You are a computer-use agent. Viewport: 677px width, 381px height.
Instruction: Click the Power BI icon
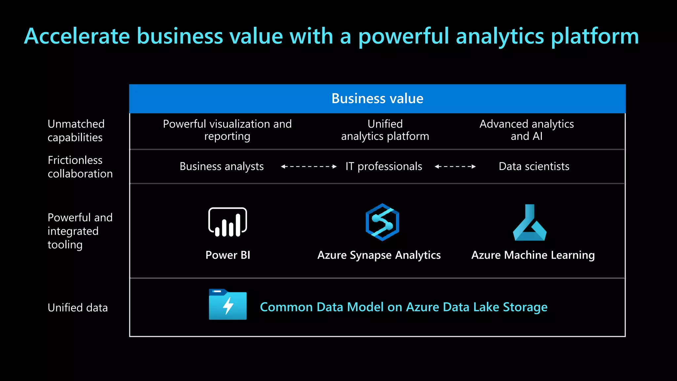[228, 222]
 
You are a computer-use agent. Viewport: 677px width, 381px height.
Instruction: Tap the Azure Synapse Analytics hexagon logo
[382, 222]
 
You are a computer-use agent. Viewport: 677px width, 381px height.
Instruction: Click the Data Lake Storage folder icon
[228, 305]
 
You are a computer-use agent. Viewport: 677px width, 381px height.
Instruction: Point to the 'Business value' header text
[377, 99]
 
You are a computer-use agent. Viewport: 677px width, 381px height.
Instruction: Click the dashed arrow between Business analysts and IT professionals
[309, 167]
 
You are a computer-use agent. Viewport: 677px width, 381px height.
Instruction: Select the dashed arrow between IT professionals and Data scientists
[455, 167]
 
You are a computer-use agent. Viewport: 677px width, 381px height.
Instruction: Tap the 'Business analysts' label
[221, 166]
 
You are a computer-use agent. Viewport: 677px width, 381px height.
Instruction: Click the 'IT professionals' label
[384, 166]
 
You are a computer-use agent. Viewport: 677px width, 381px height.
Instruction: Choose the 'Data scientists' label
[534, 166]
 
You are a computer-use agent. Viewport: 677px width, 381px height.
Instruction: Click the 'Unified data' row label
[78, 308]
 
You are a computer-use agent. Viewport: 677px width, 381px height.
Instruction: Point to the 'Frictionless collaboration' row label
[80, 167]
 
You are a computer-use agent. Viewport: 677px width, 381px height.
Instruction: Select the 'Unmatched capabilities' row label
[76, 130]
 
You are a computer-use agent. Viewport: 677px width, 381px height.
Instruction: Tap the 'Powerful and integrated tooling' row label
[80, 231]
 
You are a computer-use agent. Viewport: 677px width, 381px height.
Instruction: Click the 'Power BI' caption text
[228, 255]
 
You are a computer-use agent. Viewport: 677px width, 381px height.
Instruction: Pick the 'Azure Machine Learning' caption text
[533, 255]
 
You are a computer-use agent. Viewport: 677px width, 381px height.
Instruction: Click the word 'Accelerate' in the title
[77, 36]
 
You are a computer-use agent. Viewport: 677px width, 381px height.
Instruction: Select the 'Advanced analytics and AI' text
[527, 130]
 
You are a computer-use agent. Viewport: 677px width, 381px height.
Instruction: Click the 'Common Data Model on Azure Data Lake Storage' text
[404, 307]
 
